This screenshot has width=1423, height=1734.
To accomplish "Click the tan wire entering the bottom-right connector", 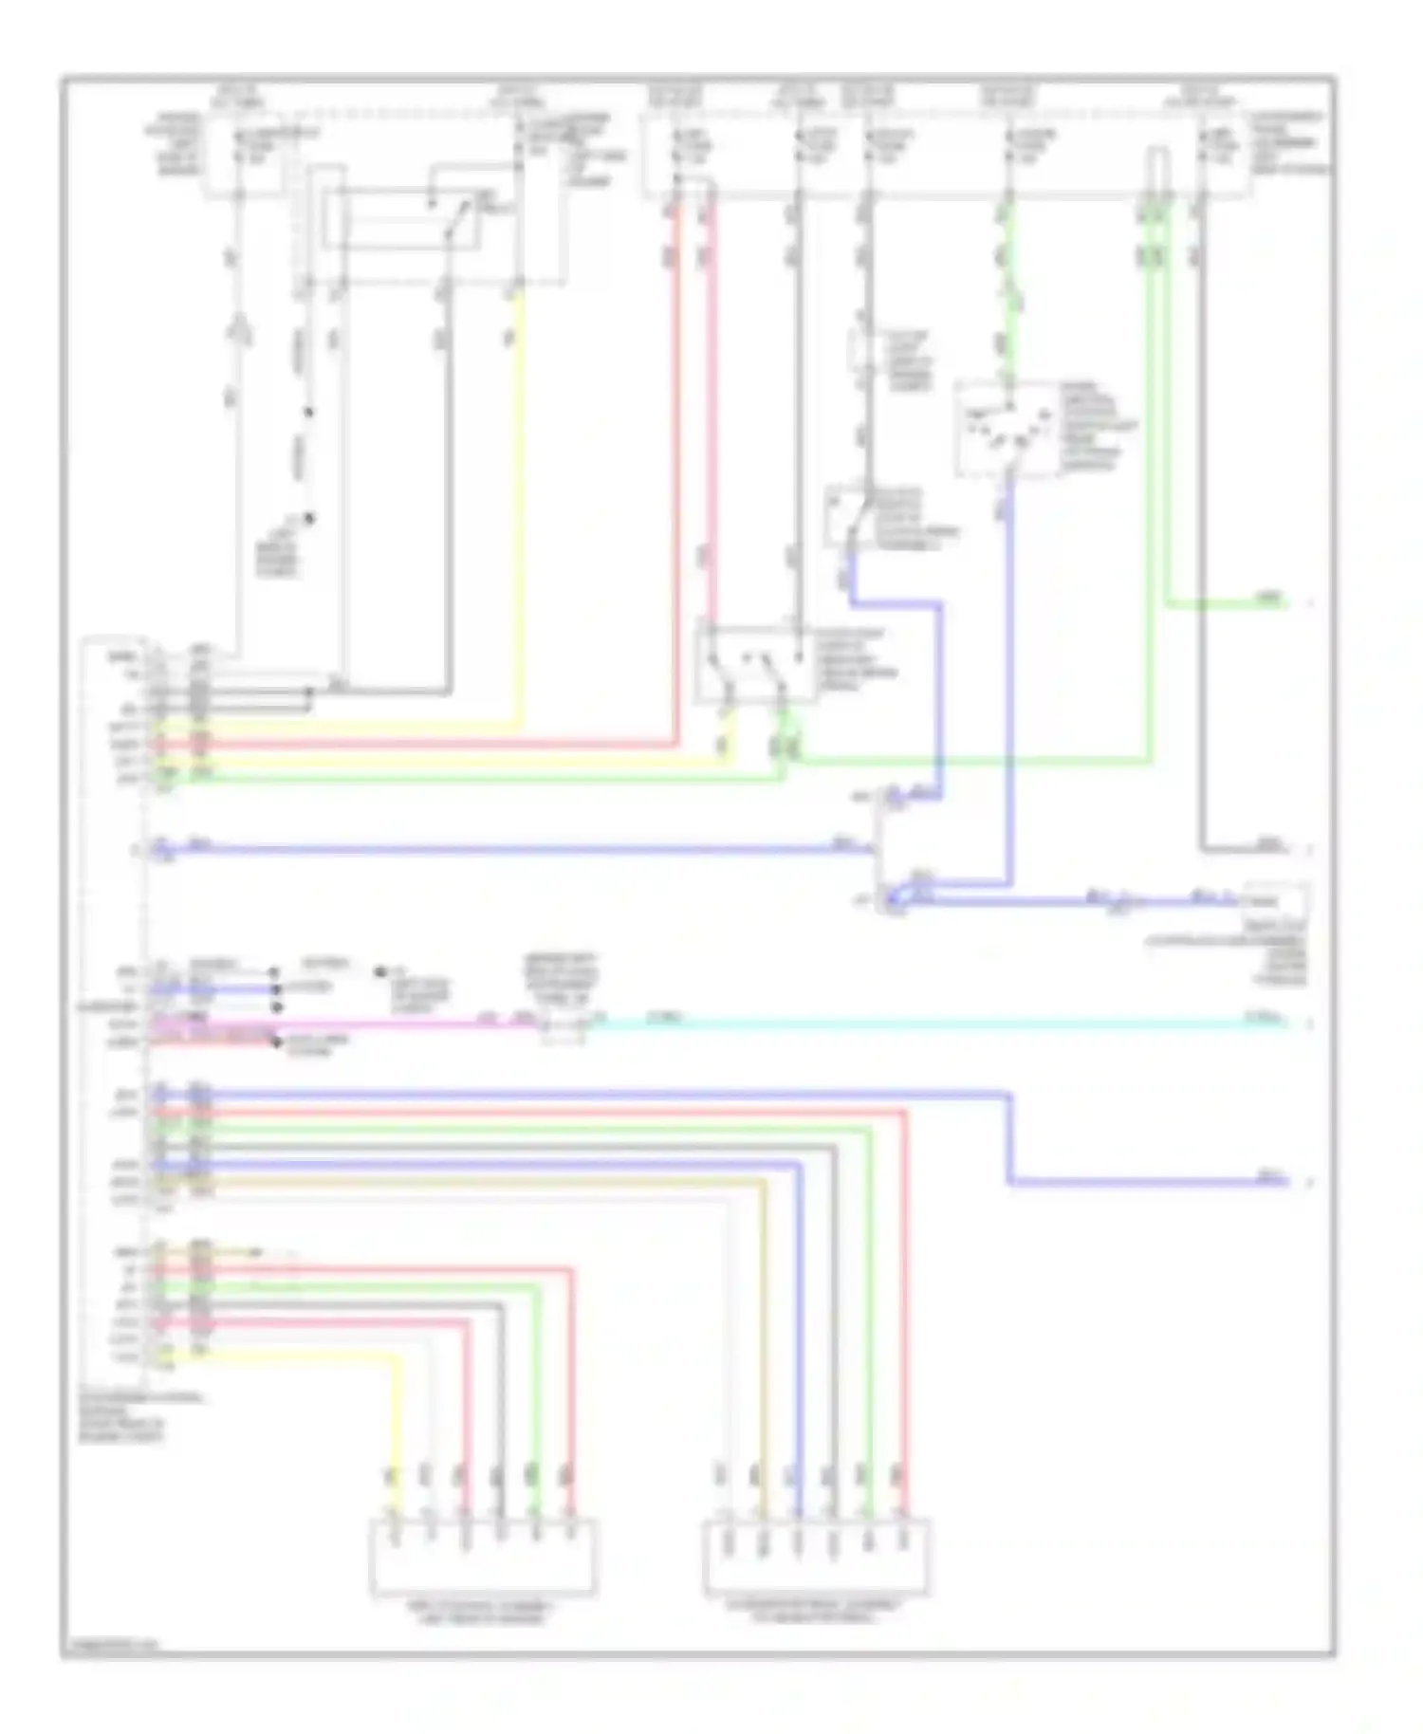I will coord(764,1375).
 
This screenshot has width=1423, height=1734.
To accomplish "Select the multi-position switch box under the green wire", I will coord(1007,430).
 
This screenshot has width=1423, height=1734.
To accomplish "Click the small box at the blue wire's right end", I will coord(1276,897).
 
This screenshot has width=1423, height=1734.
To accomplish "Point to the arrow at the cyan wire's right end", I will coord(1310,1024).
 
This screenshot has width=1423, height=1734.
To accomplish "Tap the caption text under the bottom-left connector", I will coord(482,1613).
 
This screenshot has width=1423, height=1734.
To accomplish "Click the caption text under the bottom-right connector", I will coord(816,1613).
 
